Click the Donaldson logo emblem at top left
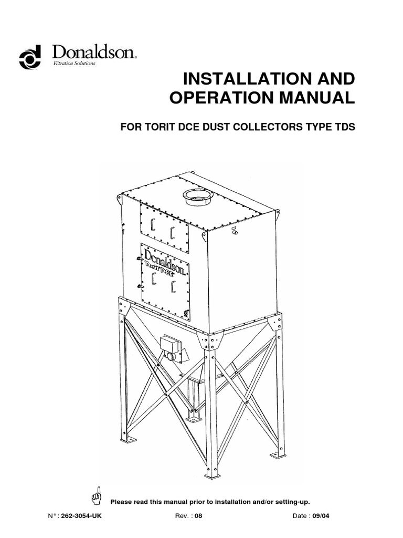30,58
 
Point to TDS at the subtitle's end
337,128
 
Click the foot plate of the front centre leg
212,475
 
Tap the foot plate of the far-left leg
128,440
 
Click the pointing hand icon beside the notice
96,495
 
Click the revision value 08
198,516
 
